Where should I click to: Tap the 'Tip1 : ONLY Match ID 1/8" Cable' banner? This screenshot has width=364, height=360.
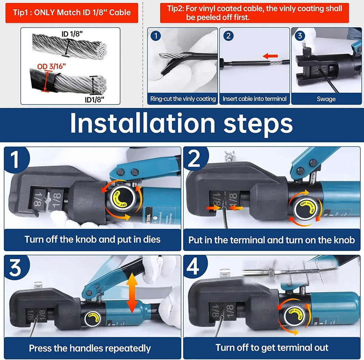tap(72, 13)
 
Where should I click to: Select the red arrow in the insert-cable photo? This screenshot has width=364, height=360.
tap(270, 55)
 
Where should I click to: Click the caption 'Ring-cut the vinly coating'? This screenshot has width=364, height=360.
tap(183, 99)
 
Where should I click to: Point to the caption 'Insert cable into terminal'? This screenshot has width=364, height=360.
tap(254, 99)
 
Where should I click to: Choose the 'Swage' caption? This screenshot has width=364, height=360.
tap(326, 99)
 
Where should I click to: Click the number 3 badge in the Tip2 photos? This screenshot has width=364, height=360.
tap(300, 36)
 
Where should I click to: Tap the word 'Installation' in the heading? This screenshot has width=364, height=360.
tap(142, 124)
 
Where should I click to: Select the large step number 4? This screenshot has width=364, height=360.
tap(193, 268)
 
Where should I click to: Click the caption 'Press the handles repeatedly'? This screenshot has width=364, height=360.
tap(90, 348)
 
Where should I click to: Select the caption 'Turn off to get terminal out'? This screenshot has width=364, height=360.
tap(272, 348)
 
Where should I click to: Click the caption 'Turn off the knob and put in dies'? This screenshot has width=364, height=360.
tap(92, 239)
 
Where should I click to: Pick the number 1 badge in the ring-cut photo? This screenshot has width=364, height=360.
tap(156, 36)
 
